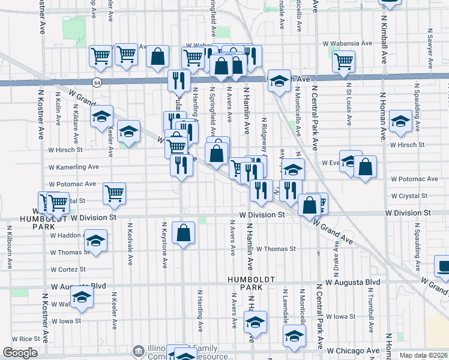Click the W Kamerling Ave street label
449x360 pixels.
point(74,166)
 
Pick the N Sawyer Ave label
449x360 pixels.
point(430,47)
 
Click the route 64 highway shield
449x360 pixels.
point(96,82)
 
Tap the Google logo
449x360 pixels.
point(20,353)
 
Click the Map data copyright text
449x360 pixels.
point(424,355)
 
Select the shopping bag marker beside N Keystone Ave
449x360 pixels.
point(184,233)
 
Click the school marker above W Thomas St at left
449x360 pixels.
point(95,240)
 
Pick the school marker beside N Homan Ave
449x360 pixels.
point(400,121)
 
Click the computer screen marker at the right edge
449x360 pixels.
point(443,267)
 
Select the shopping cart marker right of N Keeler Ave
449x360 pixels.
point(114,193)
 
